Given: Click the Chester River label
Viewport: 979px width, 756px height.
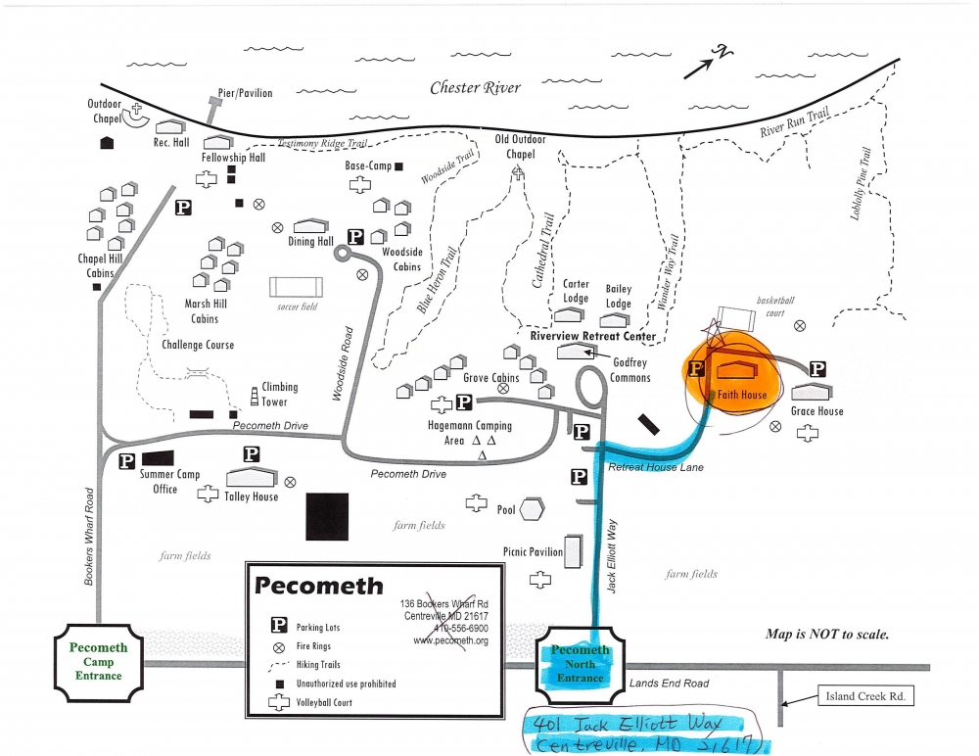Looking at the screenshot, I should (476, 88).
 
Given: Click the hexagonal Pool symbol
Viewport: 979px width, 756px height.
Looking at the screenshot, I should (532, 510).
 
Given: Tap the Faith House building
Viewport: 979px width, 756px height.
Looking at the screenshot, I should (741, 371).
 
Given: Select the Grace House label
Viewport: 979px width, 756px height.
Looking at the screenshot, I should (816, 411).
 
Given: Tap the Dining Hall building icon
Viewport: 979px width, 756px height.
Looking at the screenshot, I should (310, 226).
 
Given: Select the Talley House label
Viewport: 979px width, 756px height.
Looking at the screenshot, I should (252, 496).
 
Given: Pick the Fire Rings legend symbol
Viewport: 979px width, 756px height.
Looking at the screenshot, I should (279, 646).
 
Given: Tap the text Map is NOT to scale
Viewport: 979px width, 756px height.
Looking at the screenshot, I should (827, 634).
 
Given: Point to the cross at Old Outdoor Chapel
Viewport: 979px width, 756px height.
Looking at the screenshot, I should (516, 171).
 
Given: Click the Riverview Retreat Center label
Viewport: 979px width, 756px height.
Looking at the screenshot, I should (592, 336).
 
